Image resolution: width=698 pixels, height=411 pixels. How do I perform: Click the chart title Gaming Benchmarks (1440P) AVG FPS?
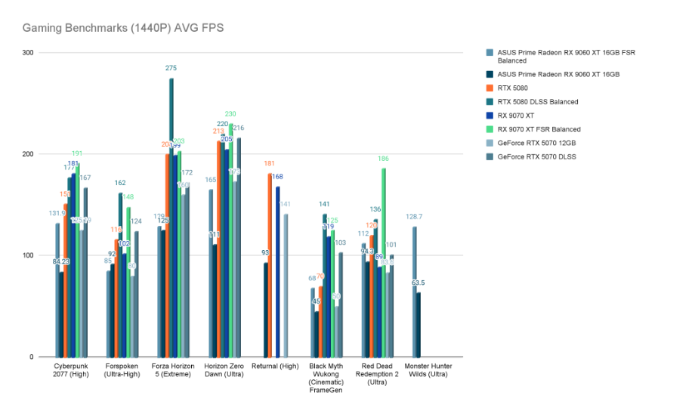tap(122, 28)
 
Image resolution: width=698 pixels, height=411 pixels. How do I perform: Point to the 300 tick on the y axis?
tap(28, 53)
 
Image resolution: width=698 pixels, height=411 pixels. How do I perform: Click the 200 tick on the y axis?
tap(28, 154)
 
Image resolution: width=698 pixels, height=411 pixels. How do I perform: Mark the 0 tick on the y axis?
tap(32, 357)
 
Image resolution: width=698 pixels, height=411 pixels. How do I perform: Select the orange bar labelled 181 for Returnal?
tap(270, 265)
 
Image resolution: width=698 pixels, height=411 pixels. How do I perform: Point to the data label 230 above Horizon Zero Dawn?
tap(230, 114)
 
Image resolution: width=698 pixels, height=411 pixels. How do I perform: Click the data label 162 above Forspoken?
tap(120, 183)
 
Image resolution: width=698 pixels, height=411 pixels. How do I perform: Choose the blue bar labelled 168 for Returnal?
tap(277, 272)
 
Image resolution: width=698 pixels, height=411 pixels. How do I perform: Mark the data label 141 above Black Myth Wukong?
tap(324, 204)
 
